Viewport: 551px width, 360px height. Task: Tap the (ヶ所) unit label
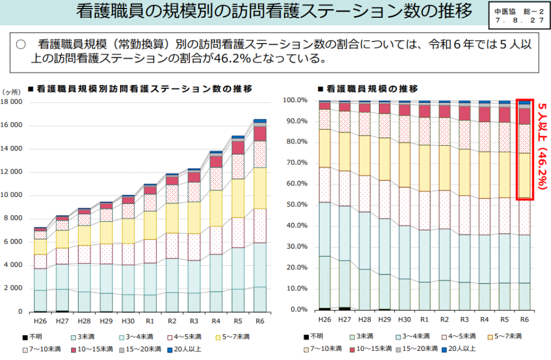point(11,92)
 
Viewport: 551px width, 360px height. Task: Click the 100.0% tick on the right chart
point(296,100)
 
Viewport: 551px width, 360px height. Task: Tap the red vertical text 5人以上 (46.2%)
point(541,146)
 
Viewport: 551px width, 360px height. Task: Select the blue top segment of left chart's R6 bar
point(260,121)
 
